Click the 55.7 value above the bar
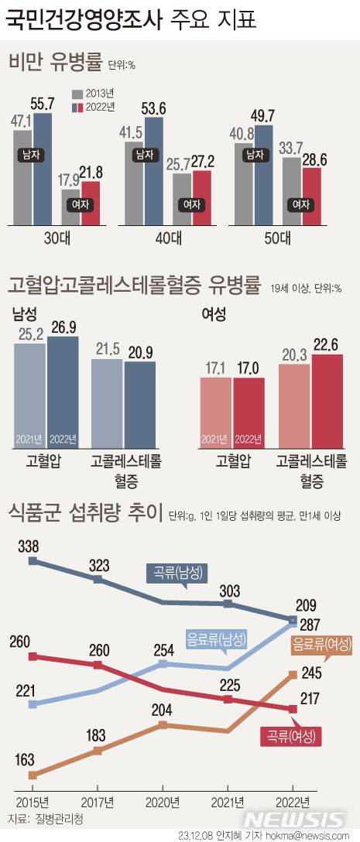coord(43,103)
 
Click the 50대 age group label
coord(277,238)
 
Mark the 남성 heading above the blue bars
coord(24,313)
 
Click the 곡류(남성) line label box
coord(177,573)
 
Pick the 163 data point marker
coord(33,775)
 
